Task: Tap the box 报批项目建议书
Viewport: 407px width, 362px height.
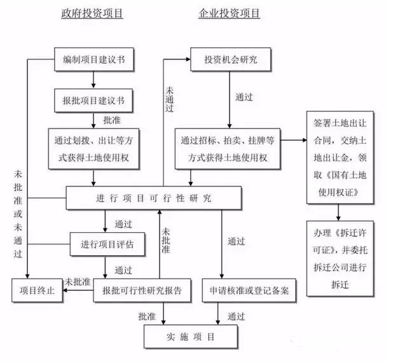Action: [93, 100]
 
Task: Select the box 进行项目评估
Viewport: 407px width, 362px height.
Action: [107, 244]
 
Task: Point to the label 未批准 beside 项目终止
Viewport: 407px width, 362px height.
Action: [76, 281]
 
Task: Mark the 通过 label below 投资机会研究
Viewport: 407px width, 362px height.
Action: [244, 97]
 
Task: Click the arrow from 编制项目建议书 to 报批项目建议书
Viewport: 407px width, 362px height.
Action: [93, 80]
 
